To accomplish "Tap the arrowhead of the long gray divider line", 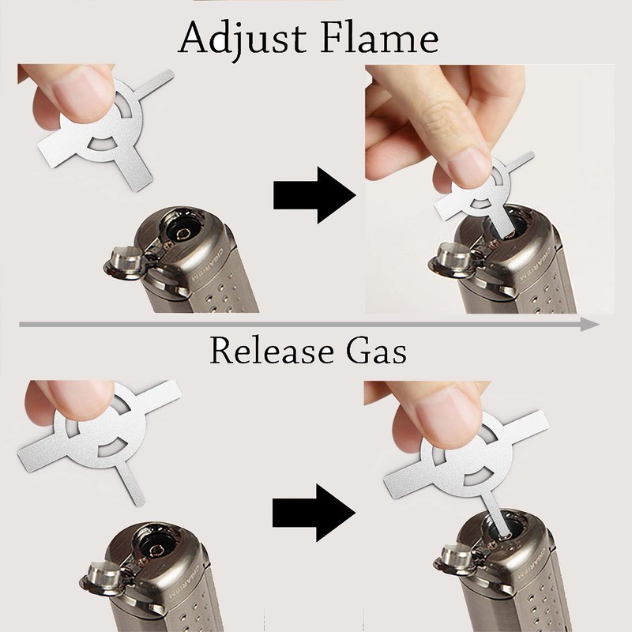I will pos(589,324).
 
